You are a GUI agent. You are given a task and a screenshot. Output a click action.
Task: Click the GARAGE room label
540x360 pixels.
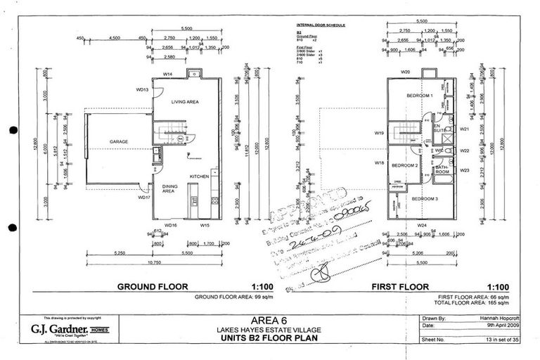click(118, 141)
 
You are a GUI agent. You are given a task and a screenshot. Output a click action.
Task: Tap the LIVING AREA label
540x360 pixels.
click(186, 102)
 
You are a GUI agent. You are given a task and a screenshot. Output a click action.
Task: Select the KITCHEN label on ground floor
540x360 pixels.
click(198, 176)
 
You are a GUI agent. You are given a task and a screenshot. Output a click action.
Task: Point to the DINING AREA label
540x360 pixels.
click(169, 188)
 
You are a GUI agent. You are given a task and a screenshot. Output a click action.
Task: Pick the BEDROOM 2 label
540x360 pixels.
click(405, 165)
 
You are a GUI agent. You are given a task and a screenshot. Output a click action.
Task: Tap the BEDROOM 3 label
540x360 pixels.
click(425, 199)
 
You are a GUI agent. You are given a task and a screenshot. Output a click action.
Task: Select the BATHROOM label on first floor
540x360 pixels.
click(442, 169)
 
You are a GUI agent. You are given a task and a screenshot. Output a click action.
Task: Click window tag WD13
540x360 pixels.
click(142, 90)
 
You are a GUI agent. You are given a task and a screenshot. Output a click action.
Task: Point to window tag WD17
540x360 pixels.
click(144, 198)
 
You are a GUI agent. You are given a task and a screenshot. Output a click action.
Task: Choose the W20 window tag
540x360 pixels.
click(405, 72)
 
